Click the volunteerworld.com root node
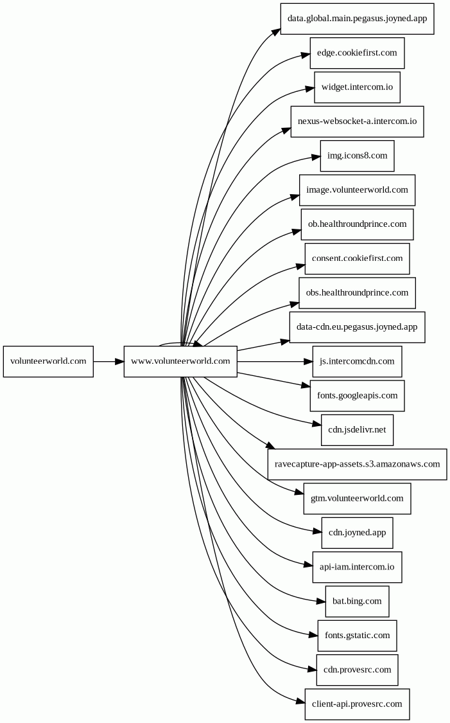pos(48,361)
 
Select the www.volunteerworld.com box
pos(180,361)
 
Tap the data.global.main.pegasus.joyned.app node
pos(358,19)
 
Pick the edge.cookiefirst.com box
pos(358,53)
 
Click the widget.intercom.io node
pos(358,87)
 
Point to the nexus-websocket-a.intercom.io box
pos(358,121)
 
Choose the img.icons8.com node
pos(358,156)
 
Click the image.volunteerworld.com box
pos(358,190)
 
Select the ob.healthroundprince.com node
pos(358,224)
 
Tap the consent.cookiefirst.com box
pos(358,259)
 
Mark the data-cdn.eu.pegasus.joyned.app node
pos(358,327)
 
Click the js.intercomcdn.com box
pos(358,361)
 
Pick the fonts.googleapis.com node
pos(358,396)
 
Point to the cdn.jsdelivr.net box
pos(358,430)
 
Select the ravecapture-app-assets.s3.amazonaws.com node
pos(358,464)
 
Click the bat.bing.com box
pos(358,602)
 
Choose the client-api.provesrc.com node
pos(358,704)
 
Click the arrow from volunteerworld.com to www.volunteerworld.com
pos(108,361)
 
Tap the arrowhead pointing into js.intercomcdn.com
pos(308,361)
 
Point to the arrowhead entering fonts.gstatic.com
pos(313,636)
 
